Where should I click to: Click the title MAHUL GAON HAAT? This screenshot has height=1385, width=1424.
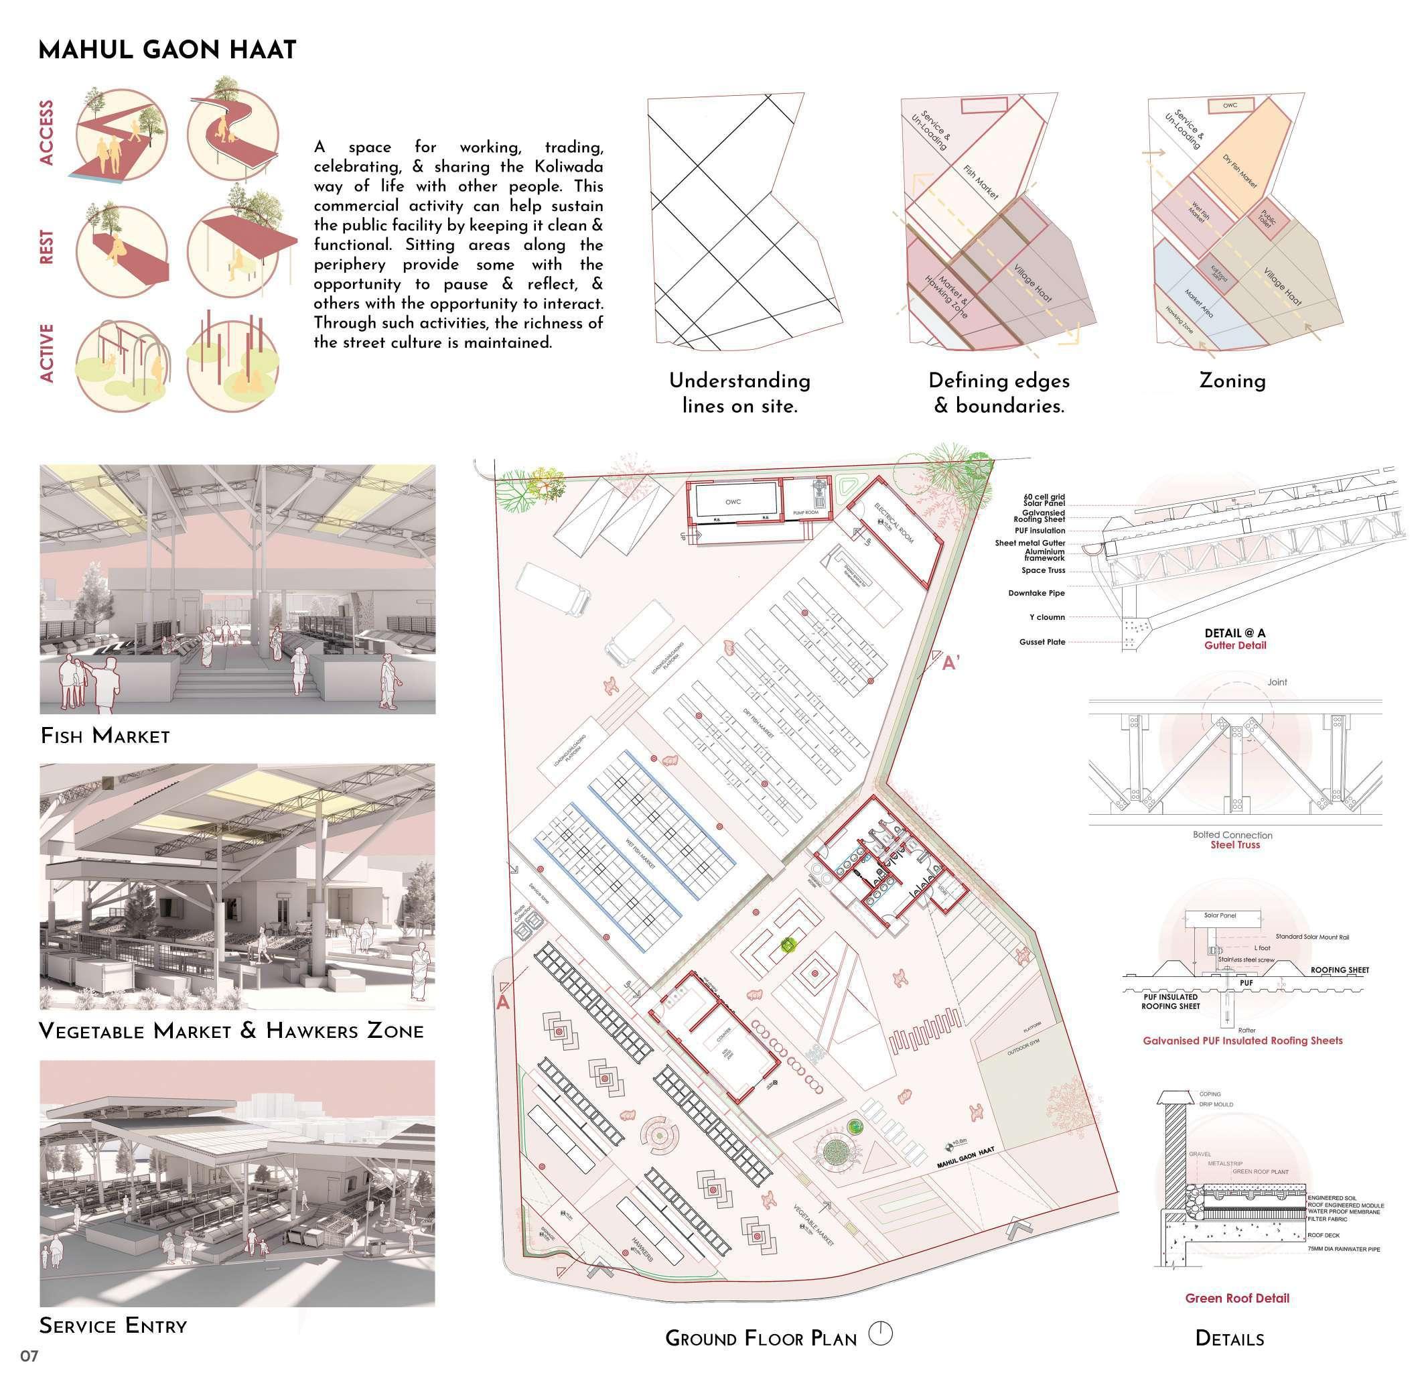[167, 50]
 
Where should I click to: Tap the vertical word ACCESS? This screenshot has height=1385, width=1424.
[46, 133]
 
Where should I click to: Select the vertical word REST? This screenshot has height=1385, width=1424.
[46, 247]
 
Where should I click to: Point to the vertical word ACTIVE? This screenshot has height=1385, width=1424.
[46, 353]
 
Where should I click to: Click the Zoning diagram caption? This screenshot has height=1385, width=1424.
[1232, 381]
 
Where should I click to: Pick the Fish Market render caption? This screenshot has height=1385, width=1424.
[105, 736]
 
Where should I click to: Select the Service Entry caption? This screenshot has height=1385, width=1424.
[113, 1325]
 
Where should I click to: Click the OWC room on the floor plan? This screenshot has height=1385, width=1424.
[733, 502]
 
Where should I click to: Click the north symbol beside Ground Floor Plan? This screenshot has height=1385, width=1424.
[880, 1333]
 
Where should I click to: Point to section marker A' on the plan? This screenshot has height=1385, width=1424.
[951, 663]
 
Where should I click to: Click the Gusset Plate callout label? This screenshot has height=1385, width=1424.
[1042, 643]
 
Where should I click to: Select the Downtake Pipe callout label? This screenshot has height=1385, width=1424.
[1036, 593]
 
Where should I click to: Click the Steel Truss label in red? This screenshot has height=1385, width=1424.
[1235, 845]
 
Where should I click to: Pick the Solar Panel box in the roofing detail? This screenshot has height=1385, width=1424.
[1220, 916]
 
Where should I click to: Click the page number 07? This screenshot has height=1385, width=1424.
[29, 1356]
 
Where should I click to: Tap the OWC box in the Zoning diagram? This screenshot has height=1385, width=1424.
[1230, 105]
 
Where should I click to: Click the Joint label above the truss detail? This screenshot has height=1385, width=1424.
[1277, 682]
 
